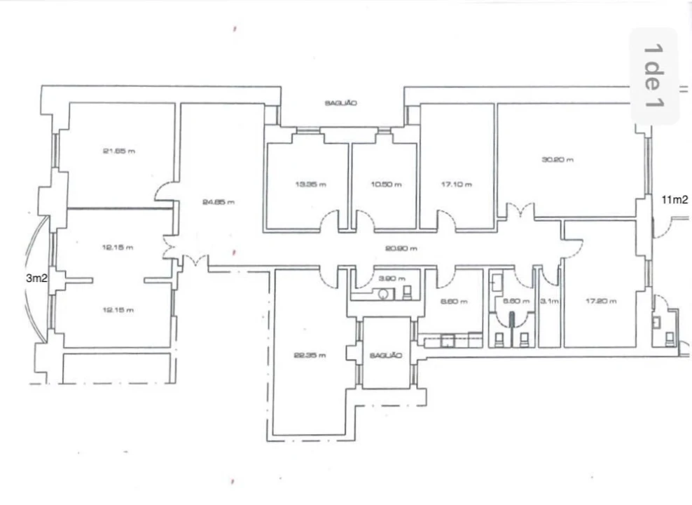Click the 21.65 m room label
coord(118,151)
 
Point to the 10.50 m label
coord(387,184)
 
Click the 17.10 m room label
coord(456,184)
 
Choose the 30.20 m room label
coord(558,159)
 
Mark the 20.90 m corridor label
coord(401,248)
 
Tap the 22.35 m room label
coord(310,355)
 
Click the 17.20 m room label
coord(601,302)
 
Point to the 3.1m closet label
coord(549,302)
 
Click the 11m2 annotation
coord(675,199)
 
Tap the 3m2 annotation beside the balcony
coord(36,278)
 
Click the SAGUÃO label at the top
coord(341,103)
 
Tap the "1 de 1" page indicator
coord(653,76)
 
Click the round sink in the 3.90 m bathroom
coord(383,294)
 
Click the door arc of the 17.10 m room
coord(447,220)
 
